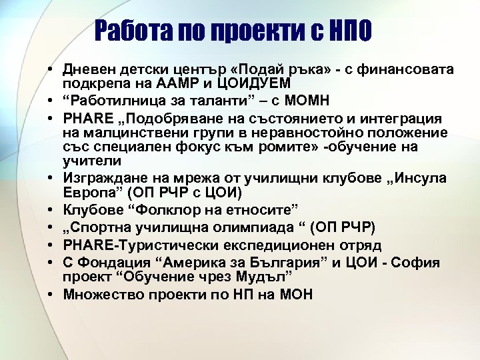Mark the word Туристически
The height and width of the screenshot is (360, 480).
(x=171, y=245)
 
